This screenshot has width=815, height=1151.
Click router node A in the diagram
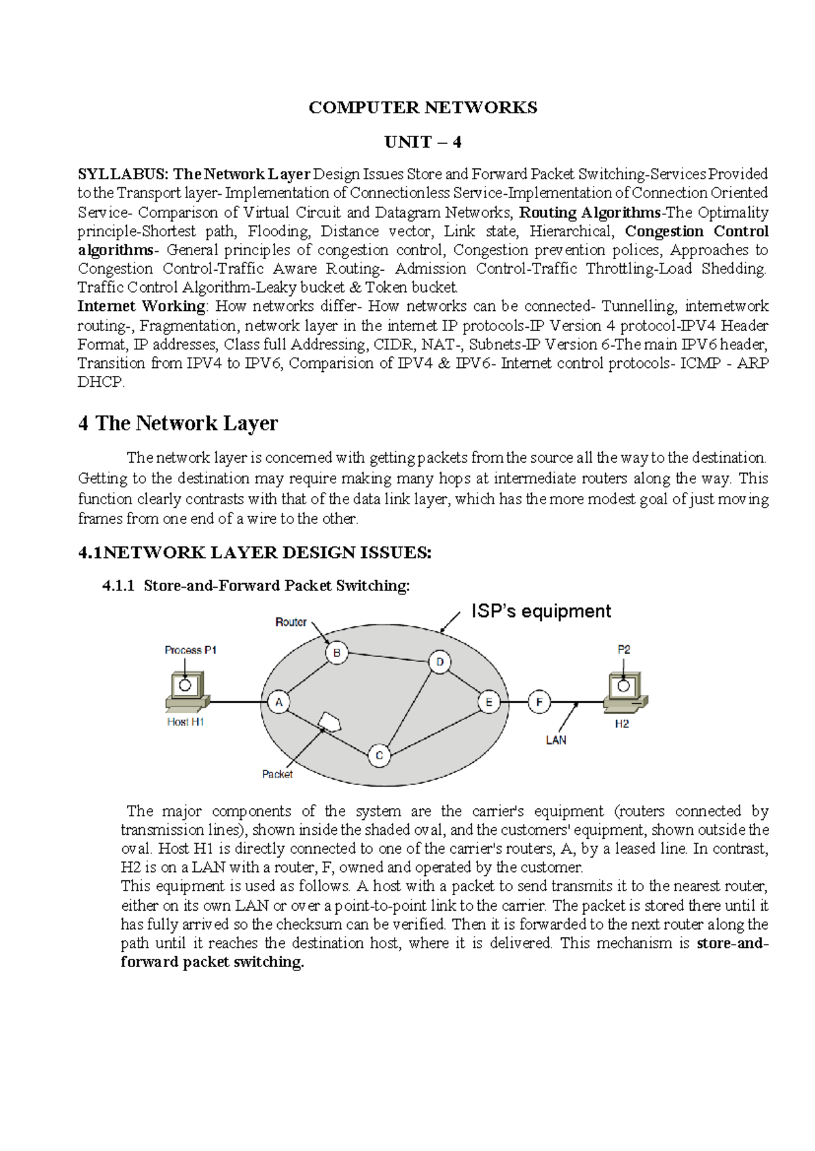coord(278,702)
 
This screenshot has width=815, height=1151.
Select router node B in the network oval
coord(336,653)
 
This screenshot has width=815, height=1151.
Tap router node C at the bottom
coord(379,755)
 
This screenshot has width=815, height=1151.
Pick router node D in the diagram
coord(439,662)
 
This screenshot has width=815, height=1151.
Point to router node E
coord(488,702)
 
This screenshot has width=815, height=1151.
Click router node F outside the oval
coord(539,702)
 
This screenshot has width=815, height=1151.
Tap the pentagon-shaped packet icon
coord(330,721)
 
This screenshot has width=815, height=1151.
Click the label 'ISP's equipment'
coord(541,611)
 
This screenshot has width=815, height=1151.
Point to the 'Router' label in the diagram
coord(291,622)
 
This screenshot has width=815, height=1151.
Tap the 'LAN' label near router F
coord(556,740)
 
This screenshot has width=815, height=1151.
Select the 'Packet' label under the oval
coord(277,774)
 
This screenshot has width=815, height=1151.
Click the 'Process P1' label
coord(190,649)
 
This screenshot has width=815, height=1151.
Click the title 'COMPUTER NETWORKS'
coord(422,107)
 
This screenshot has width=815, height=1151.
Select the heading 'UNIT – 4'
coord(422,142)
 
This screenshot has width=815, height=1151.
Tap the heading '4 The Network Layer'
coord(178,423)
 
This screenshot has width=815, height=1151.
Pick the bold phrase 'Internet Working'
coord(141,306)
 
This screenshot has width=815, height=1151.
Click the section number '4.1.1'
coord(119,586)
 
